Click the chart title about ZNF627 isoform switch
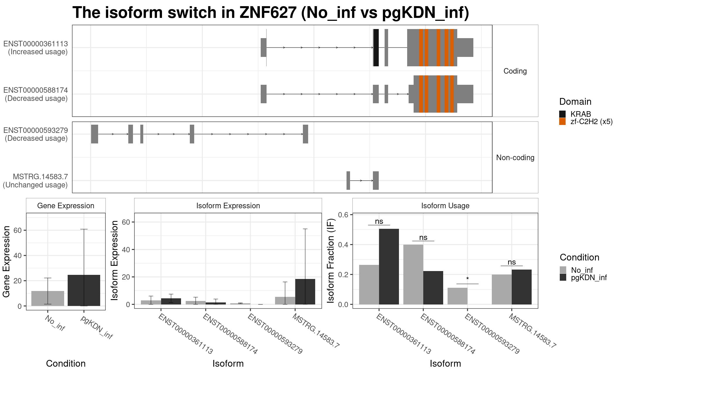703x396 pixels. [x=271, y=13]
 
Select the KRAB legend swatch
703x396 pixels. [x=562, y=114]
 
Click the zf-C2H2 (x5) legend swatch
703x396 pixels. [x=562, y=121]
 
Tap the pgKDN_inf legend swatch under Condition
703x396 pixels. [x=563, y=277]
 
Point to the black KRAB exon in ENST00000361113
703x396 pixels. [x=376, y=48]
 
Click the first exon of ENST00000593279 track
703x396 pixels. [x=94, y=134]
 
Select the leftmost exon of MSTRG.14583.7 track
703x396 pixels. [x=348, y=180]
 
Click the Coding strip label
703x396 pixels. [x=515, y=71]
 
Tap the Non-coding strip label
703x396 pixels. [x=515, y=158]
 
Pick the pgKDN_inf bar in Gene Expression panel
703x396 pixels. [x=84, y=290]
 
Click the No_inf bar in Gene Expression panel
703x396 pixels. [x=48, y=298]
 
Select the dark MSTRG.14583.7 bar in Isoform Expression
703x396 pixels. [x=305, y=292]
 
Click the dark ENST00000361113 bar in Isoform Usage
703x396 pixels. [x=389, y=267]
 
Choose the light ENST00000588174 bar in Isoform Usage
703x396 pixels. [x=413, y=275]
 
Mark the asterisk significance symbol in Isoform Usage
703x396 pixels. [x=467, y=279]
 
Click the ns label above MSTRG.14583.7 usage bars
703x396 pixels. [x=512, y=262]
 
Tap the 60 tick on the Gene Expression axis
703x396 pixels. [x=18, y=230]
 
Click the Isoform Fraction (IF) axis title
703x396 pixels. [x=331, y=261]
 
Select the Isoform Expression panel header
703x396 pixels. [x=228, y=206]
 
